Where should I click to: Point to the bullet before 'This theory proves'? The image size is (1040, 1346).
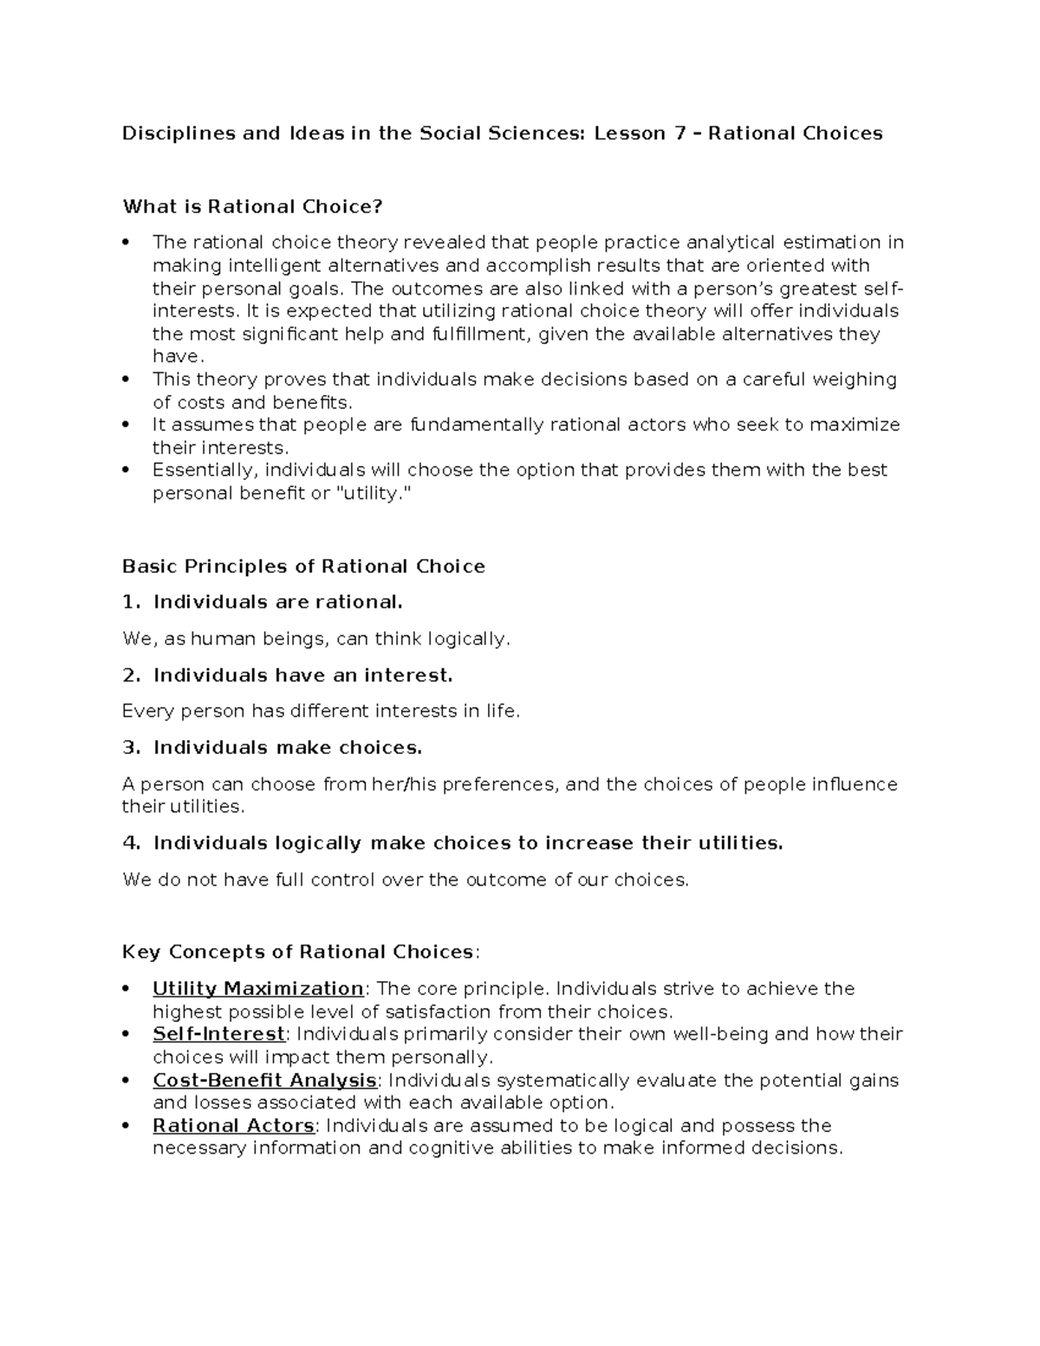click(127, 379)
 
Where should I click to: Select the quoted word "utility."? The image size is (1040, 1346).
click(369, 493)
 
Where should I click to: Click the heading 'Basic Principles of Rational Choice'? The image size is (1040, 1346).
click(303, 567)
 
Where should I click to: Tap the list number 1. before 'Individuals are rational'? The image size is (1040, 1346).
click(131, 601)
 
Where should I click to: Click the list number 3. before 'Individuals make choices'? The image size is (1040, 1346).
click(131, 747)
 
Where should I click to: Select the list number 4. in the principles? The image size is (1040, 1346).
click(131, 842)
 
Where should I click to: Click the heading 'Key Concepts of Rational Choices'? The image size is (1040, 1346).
click(298, 952)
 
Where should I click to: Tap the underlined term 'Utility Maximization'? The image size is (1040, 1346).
click(258, 989)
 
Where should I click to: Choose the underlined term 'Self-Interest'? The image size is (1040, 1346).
click(218, 1034)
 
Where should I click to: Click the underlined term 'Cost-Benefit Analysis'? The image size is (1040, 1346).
click(264, 1080)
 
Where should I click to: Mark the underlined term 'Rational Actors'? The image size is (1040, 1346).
click(233, 1126)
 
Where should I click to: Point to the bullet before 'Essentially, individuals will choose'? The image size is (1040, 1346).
click(127, 470)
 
